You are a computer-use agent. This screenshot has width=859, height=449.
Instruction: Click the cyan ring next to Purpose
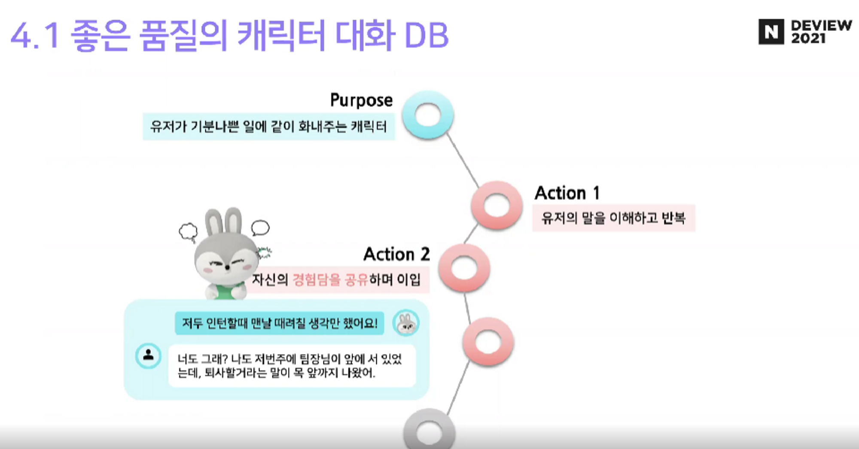428,115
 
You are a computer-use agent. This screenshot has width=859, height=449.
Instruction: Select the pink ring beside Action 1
497,205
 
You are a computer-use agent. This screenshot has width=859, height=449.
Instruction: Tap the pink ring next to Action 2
464,268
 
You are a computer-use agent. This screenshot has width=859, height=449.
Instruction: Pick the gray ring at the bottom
429,431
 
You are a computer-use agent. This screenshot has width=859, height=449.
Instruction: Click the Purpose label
361,100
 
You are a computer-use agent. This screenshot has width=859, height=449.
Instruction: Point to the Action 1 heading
567,193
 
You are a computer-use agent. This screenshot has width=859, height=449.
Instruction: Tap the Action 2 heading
396,254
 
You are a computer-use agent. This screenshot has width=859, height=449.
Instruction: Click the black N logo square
771,32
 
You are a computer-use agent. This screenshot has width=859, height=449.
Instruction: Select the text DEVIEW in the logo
821,25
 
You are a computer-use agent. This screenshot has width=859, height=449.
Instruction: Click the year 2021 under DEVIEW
808,39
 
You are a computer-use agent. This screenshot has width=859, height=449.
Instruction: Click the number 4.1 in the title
34,35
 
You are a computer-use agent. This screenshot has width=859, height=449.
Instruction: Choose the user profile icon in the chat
148,355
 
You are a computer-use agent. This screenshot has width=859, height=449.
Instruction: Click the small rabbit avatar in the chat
405,323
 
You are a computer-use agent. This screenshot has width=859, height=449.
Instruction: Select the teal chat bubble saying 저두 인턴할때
279,323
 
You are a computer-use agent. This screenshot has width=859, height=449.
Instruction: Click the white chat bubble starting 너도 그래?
291,366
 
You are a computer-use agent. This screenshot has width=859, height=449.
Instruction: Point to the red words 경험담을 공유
330,280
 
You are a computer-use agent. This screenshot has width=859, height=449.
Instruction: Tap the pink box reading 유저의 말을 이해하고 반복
613,218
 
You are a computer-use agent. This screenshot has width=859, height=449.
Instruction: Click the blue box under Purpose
268,126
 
